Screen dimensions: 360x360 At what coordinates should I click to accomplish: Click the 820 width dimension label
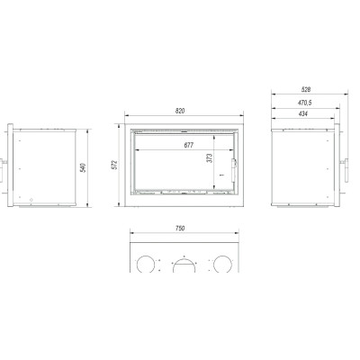click(x=180, y=111)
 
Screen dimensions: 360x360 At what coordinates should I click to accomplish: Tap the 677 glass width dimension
click(x=189, y=145)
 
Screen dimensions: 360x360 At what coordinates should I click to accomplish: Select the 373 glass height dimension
click(x=210, y=158)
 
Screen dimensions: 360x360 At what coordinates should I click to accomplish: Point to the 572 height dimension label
click(x=115, y=165)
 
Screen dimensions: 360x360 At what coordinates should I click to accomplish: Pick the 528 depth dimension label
click(x=306, y=89)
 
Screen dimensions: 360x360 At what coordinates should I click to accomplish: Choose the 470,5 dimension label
click(x=305, y=103)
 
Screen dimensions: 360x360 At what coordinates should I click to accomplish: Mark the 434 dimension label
click(x=303, y=114)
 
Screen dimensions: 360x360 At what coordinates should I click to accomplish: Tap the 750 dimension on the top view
click(x=180, y=229)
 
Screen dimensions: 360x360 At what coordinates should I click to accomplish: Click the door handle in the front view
click(x=234, y=170)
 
